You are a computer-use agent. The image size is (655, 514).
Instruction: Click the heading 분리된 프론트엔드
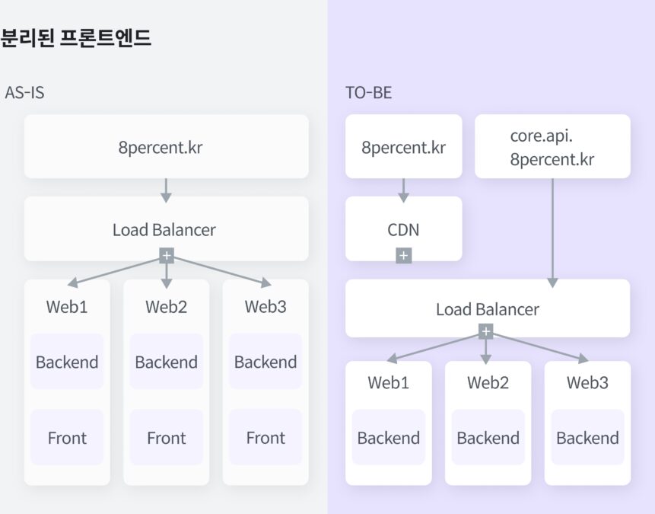click(76, 38)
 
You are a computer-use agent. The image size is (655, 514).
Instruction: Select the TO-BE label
click(369, 93)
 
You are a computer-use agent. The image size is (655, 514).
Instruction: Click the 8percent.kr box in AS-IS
click(166, 147)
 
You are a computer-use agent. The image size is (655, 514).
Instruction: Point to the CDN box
click(403, 229)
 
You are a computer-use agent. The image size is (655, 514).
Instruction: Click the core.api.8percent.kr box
click(552, 147)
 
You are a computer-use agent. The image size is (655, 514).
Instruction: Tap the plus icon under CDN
click(403, 256)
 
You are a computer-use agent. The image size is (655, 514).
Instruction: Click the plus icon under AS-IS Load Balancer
click(166, 256)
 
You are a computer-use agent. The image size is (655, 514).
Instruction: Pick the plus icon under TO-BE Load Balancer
click(486, 332)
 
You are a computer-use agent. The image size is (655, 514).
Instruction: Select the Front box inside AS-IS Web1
click(67, 438)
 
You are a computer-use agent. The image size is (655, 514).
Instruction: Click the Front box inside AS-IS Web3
click(265, 438)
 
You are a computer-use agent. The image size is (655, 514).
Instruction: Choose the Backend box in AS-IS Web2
click(166, 362)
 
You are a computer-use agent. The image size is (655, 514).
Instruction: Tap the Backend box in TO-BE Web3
click(587, 438)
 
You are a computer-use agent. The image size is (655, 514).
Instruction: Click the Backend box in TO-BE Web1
click(389, 438)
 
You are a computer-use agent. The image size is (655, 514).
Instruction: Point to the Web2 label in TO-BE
click(488, 382)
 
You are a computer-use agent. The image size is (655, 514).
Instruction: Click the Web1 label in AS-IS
click(67, 307)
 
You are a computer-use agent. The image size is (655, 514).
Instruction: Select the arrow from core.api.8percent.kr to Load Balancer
click(552, 228)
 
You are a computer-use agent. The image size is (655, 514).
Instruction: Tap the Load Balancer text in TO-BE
click(487, 309)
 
